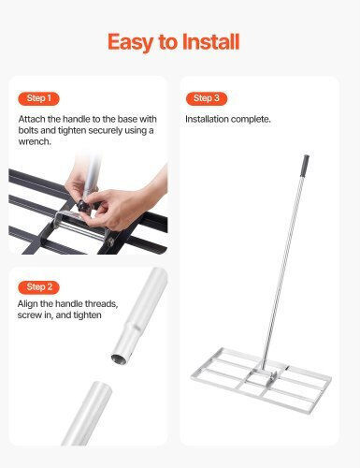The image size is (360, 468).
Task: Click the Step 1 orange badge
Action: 38,98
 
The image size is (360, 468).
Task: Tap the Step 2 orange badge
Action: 38,287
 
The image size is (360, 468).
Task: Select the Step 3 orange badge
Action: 207,98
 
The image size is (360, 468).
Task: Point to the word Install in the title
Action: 210,41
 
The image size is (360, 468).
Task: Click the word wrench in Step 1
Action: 34,141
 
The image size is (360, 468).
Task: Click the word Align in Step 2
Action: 28,304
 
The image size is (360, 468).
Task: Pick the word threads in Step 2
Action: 101,304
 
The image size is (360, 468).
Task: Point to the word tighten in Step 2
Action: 87,315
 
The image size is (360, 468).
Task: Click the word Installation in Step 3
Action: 207,119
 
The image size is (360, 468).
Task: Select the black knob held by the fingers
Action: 83,206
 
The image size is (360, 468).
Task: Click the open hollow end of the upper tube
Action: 119,358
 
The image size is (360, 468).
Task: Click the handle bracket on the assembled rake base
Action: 265,375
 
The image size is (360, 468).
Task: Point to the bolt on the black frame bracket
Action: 109,241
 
